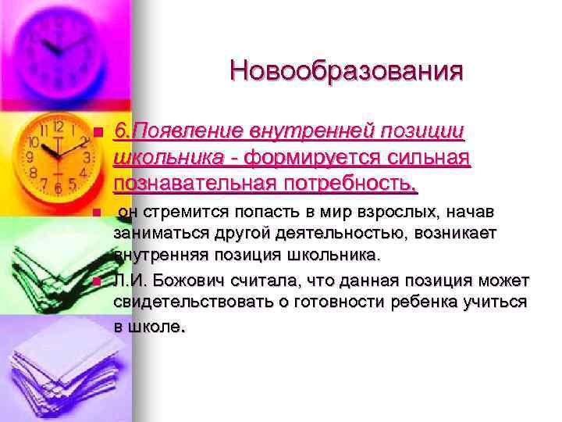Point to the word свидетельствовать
(x=187, y=301)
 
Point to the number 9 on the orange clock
(x=33, y=156)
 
